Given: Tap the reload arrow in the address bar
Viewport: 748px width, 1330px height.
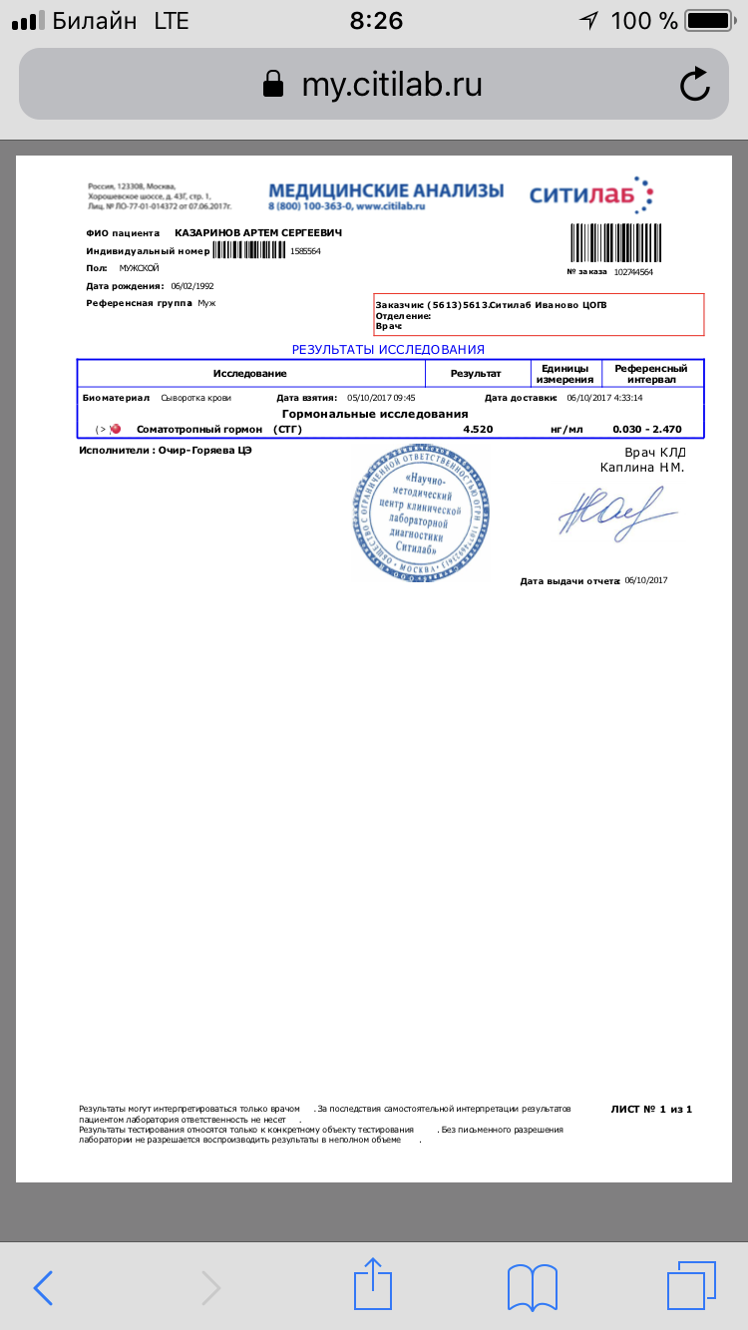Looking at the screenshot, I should coord(694,85).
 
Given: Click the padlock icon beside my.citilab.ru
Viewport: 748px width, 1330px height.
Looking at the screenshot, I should coord(272,85).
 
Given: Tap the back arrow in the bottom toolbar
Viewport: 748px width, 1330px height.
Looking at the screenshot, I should coord(43,1287).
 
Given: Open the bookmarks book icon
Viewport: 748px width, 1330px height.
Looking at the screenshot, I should coord(532,1287).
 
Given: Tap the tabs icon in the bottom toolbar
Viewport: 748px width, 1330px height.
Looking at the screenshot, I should coord(690,1287).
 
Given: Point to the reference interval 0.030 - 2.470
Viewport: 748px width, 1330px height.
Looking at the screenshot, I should coord(647,430).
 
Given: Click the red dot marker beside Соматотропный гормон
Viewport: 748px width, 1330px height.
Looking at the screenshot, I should coord(116,430).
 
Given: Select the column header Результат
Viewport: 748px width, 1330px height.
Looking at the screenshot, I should coord(476,373).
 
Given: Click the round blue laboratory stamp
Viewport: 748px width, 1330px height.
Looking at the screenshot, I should coord(422,513).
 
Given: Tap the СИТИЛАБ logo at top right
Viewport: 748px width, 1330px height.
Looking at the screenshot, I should coord(590,194).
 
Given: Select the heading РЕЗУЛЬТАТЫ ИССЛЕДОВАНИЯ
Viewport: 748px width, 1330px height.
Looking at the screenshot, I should coord(388,350).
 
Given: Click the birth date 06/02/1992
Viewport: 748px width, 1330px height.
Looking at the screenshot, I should coord(192,286).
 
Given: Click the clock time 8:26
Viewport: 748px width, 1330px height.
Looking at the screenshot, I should coord(375,21).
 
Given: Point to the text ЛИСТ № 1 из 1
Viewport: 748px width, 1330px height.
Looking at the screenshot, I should coord(650,1109).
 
